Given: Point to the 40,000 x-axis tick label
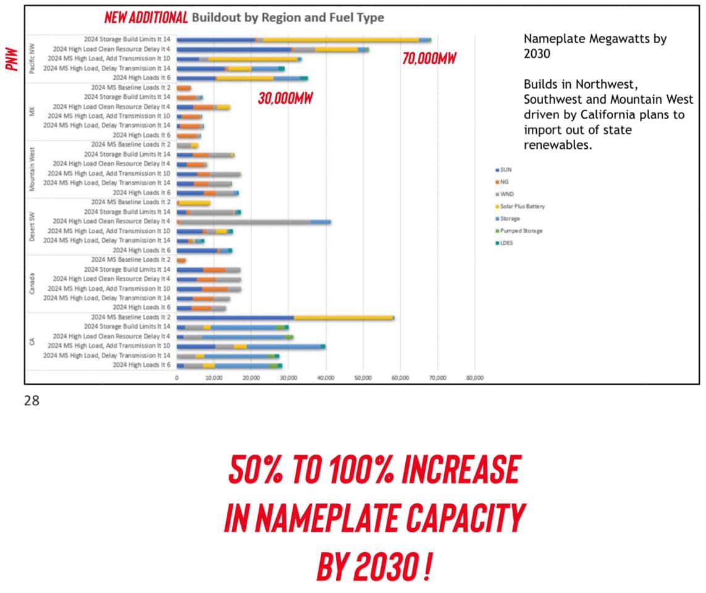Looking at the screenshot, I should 326,377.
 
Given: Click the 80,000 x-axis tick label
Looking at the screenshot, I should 474,377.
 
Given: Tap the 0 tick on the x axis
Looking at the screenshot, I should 177,377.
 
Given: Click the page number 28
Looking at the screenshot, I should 31,401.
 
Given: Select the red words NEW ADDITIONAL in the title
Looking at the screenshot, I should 146,17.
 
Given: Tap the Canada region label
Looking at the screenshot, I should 32,284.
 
